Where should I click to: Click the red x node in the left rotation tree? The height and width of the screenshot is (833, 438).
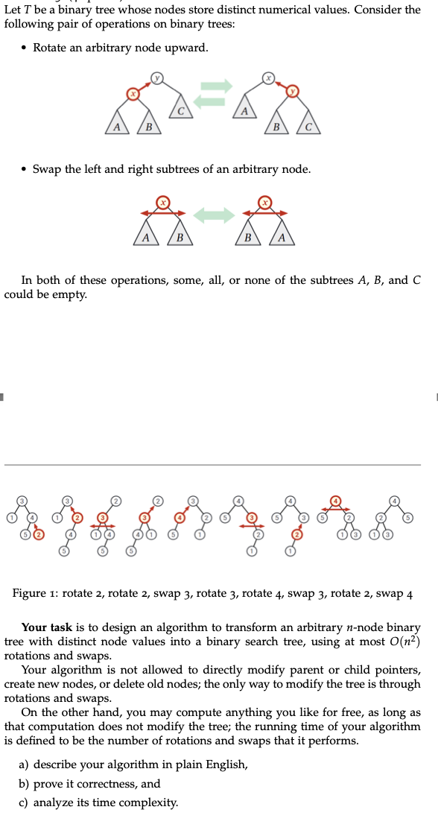coord(133,94)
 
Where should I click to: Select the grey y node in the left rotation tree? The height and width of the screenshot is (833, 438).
coord(157,77)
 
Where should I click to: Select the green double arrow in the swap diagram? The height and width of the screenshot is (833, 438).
coord(215,215)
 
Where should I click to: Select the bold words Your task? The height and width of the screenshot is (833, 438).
coord(47,628)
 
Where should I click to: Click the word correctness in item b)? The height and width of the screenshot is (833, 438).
coord(104,784)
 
